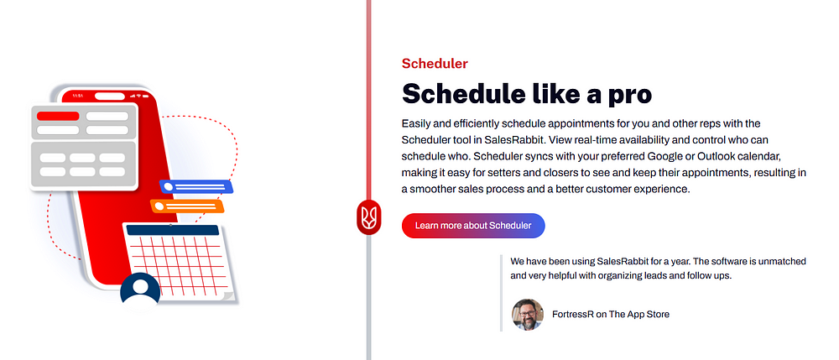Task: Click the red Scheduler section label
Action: coord(435,64)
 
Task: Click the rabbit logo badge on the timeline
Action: coord(368,217)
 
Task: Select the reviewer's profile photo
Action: coord(528,315)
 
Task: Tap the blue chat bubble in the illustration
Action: coord(196,186)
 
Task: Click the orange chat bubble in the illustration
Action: coord(187,206)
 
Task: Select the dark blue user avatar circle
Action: coord(140,290)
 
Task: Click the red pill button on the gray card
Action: coord(58,116)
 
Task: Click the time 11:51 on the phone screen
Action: coord(77,96)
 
